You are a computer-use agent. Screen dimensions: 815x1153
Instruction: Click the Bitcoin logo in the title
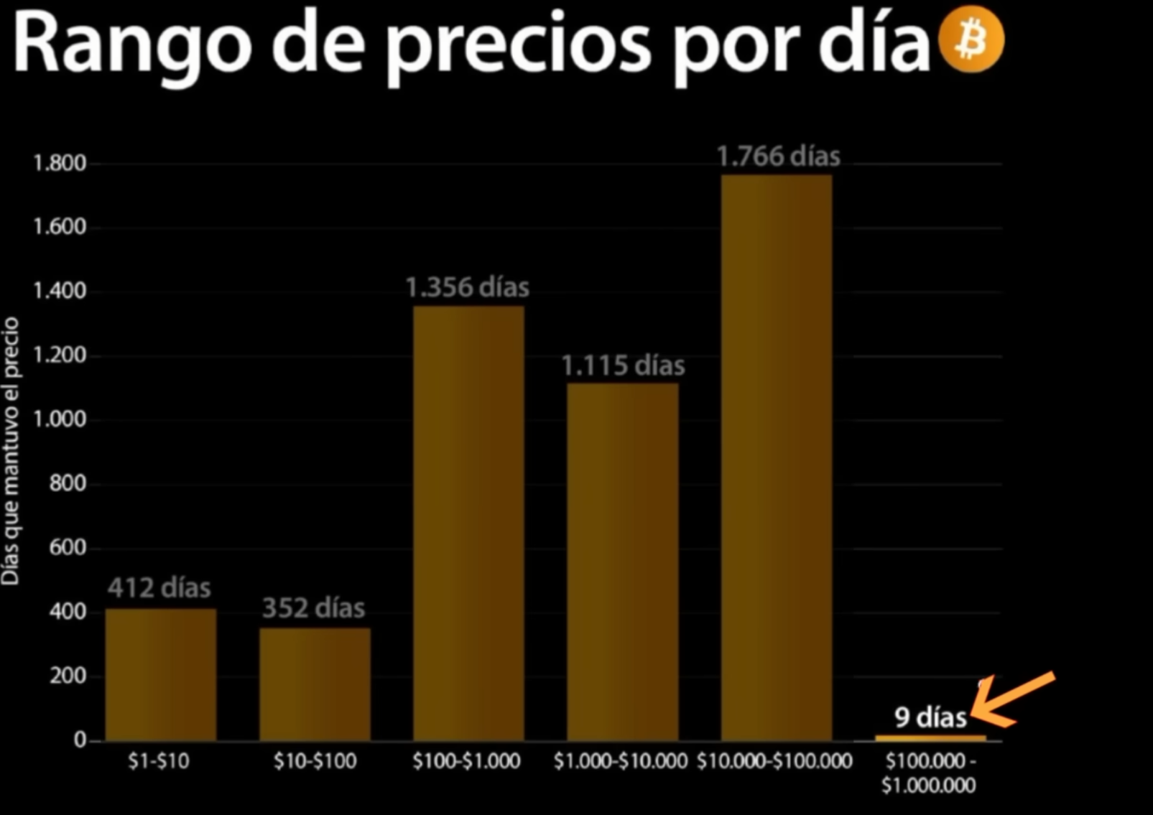coord(971,40)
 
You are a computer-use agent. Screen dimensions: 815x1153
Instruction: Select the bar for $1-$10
coord(161,674)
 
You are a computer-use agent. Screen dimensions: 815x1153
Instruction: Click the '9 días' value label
coord(930,717)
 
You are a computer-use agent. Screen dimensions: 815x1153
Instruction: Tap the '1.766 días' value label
coord(779,157)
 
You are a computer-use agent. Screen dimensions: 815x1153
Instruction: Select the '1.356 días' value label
coord(468,288)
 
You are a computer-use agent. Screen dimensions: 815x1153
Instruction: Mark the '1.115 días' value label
coord(623,366)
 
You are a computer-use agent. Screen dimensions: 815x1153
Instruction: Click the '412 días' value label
coord(159,588)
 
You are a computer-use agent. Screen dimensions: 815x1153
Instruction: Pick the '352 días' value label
coord(314,608)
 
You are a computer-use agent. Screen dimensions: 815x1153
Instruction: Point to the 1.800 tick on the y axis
coord(60,163)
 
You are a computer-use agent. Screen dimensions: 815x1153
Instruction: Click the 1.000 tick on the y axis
coord(60,419)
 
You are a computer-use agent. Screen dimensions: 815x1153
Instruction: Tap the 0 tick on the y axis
coord(80,740)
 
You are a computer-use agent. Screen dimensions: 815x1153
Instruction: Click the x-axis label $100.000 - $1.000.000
coord(929,773)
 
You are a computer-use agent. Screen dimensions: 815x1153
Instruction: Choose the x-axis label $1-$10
coord(159,761)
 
